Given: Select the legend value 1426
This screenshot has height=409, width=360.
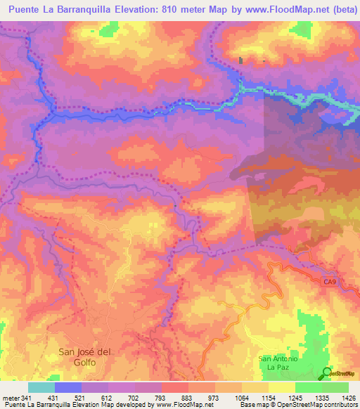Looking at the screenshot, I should click(340, 397).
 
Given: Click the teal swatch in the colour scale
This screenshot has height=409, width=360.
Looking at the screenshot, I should click(41, 387).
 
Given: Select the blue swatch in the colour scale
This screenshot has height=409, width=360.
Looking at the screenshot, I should click(67, 387).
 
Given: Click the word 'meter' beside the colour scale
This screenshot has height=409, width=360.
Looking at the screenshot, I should click(11, 397).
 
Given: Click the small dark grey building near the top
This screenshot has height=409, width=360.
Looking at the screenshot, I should click(241, 60).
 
